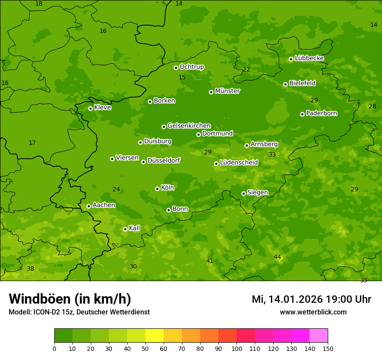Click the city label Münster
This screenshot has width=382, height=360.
coord(227,91)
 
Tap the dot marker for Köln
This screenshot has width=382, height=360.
coord(157,189)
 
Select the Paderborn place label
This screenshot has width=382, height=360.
coord(321,113)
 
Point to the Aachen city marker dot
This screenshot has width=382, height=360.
coord(89,206)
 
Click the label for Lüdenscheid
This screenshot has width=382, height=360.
coord(239,163)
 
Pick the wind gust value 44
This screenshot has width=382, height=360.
coord(277,257)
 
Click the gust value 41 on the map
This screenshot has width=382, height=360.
coord(210,261)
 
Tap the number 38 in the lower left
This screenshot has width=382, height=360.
coord(30,269)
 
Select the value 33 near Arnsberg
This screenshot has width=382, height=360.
coord(272,155)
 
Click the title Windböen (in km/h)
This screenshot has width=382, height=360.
coord(70,299)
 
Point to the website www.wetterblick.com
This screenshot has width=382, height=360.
coord(313,312)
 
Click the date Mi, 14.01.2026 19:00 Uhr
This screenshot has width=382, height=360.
coord(311,299)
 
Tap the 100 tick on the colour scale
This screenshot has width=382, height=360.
coord(237,348)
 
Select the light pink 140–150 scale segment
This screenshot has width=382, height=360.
coord(319,336)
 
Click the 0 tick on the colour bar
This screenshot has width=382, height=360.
coord(54,348)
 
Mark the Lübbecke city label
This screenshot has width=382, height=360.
coord(309,58)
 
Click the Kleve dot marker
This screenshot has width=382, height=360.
coord(90,108)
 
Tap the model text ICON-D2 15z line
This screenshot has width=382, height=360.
coord(79,312)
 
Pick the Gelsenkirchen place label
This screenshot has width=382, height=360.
coord(189,126)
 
